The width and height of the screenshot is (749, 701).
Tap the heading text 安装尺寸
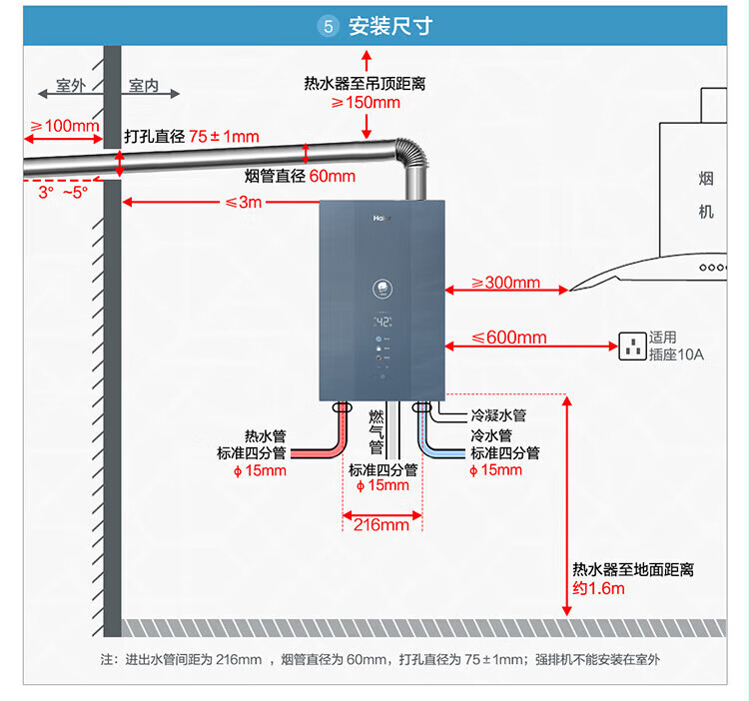(389, 26)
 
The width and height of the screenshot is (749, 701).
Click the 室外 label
(71, 86)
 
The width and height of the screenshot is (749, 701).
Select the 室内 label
(145, 86)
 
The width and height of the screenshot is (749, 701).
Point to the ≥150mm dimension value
(366, 102)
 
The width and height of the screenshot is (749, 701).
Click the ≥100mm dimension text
(65, 126)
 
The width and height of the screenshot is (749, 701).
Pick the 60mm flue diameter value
(332, 177)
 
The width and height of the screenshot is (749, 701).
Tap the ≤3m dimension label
(244, 203)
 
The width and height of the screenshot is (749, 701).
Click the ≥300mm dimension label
(505, 283)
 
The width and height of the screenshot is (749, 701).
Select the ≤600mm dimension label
(509, 338)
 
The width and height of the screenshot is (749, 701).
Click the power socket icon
(631, 346)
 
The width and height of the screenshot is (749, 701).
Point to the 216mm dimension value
(381, 524)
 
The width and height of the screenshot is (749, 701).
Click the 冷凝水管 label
(498, 415)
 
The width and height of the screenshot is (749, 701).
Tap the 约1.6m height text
(598, 588)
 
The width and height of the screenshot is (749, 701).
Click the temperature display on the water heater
(381, 322)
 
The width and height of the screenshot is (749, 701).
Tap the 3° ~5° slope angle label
(63, 191)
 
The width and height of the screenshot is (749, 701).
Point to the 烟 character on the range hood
(706, 179)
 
